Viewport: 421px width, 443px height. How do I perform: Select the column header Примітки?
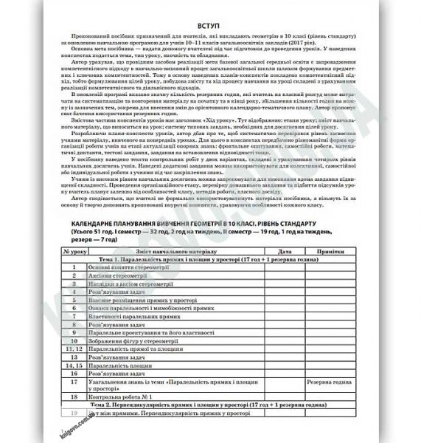tap(329, 252)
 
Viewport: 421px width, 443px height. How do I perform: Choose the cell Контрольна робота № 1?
tap(125, 396)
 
